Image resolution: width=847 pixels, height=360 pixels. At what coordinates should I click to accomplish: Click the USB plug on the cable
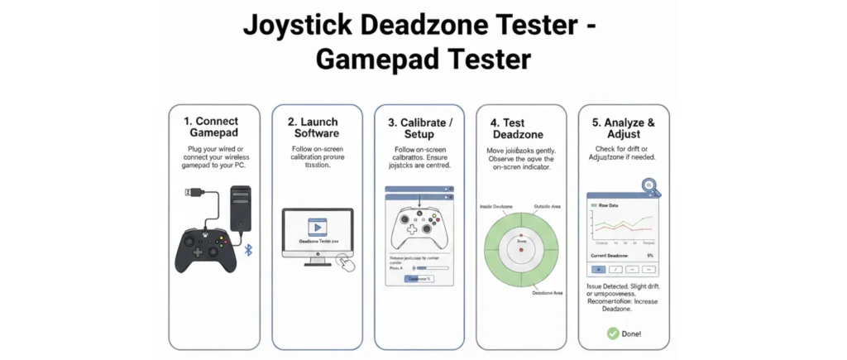[191, 192]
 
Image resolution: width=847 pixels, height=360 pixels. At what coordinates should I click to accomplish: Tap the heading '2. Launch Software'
[317, 127]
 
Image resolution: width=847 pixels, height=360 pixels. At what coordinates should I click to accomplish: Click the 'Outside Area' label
[552, 205]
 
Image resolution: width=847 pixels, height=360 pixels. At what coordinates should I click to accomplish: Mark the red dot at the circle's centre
[521, 249]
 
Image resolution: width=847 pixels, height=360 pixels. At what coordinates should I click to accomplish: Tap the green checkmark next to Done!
[613, 333]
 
